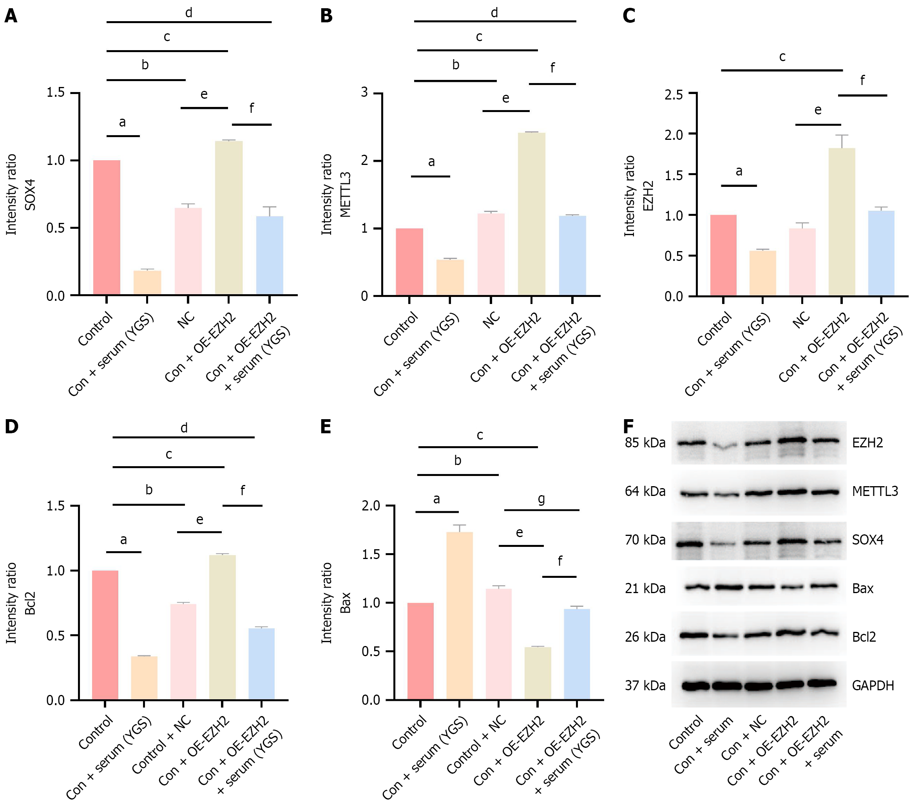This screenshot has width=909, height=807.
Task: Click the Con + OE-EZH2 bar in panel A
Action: tap(228, 218)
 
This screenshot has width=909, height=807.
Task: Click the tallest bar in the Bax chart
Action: tap(459, 615)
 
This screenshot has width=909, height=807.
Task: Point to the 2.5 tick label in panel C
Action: tap(673, 95)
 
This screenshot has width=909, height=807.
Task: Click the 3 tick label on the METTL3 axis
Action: tap(365, 92)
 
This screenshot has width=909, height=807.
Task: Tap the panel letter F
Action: tap(628, 426)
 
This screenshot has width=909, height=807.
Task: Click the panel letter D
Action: tap(12, 426)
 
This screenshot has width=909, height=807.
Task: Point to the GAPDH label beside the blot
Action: tap(873, 686)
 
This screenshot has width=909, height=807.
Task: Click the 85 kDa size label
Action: tap(645, 443)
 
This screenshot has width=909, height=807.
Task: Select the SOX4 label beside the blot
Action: tap(867, 540)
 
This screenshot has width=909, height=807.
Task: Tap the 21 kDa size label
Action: tap(645, 588)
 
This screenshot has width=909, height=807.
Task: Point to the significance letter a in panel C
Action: tap(739, 171)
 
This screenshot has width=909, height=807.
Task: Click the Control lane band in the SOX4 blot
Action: tap(690, 543)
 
